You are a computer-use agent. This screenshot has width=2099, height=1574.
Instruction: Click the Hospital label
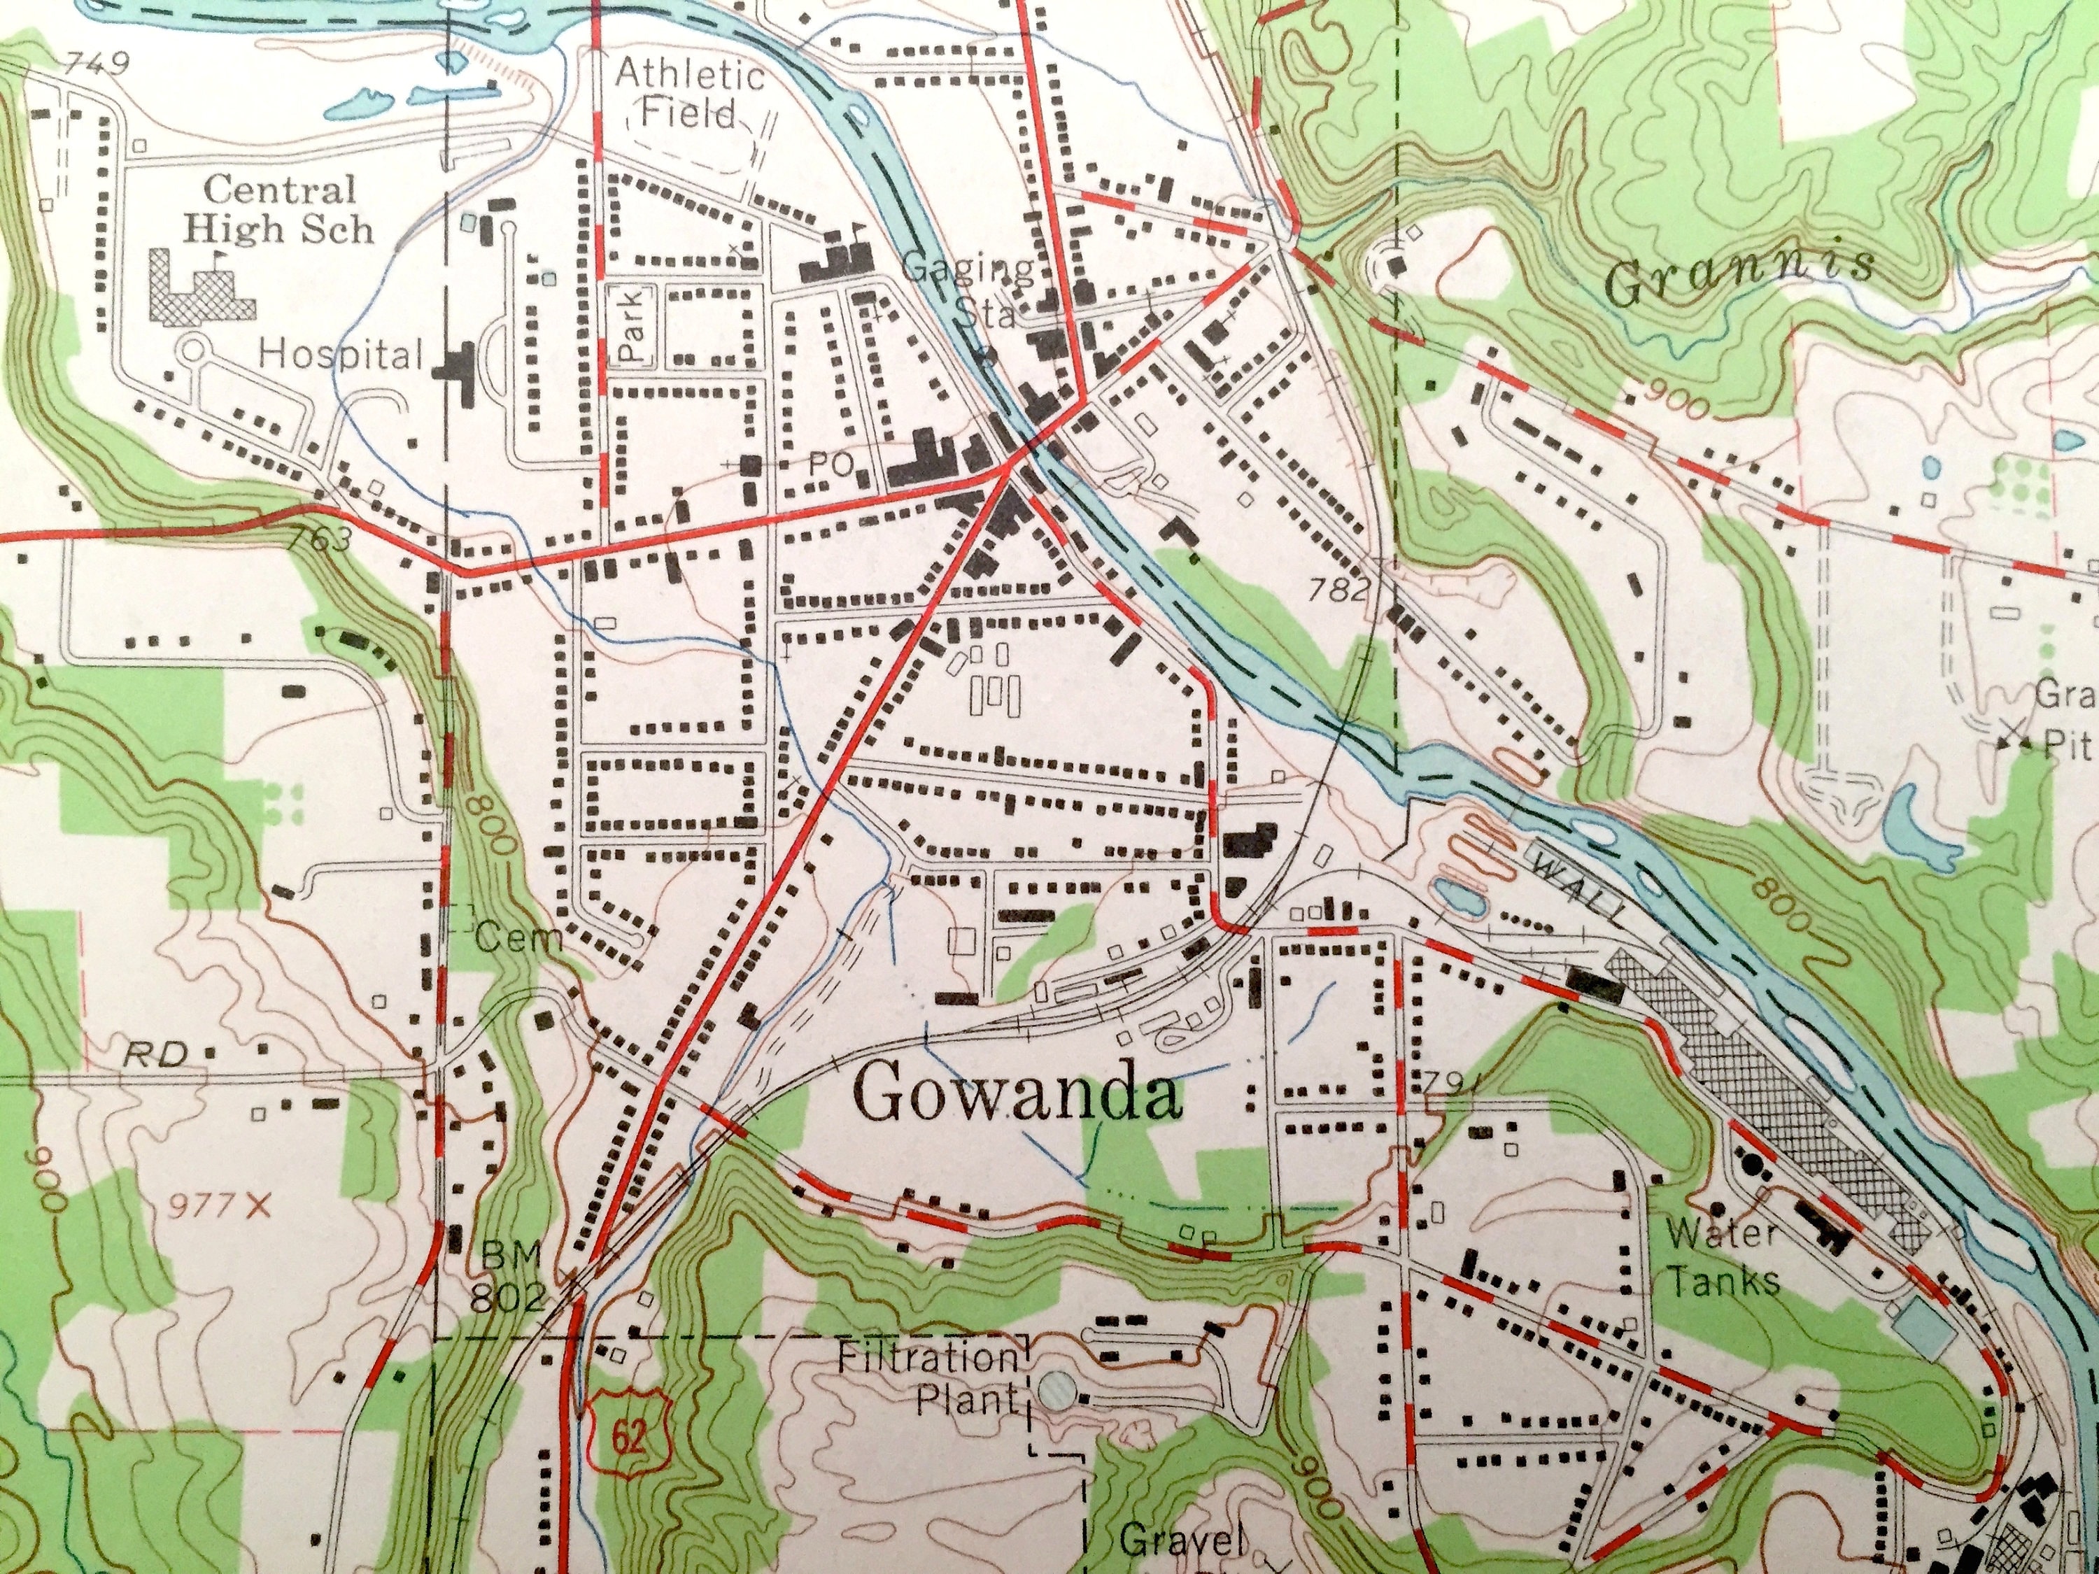(341, 356)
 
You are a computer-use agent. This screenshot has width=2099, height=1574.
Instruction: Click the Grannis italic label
(1740, 276)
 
